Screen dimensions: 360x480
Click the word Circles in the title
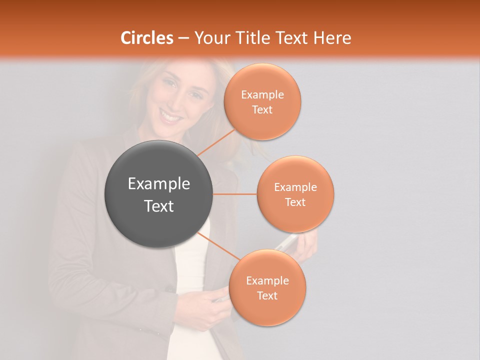point(146,38)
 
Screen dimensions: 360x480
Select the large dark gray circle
point(158,194)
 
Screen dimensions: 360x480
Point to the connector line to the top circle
point(216,142)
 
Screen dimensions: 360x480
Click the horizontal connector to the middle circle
point(234,194)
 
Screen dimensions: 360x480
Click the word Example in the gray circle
point(159,184)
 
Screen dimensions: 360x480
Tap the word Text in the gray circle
point(159,206)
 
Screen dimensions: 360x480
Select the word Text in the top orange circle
point(262,110)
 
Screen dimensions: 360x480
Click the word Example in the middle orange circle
point(295,187)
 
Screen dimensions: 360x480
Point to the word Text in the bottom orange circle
point(267,296)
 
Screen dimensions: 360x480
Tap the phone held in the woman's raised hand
point(286,243)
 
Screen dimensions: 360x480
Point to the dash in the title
point(183,38)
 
